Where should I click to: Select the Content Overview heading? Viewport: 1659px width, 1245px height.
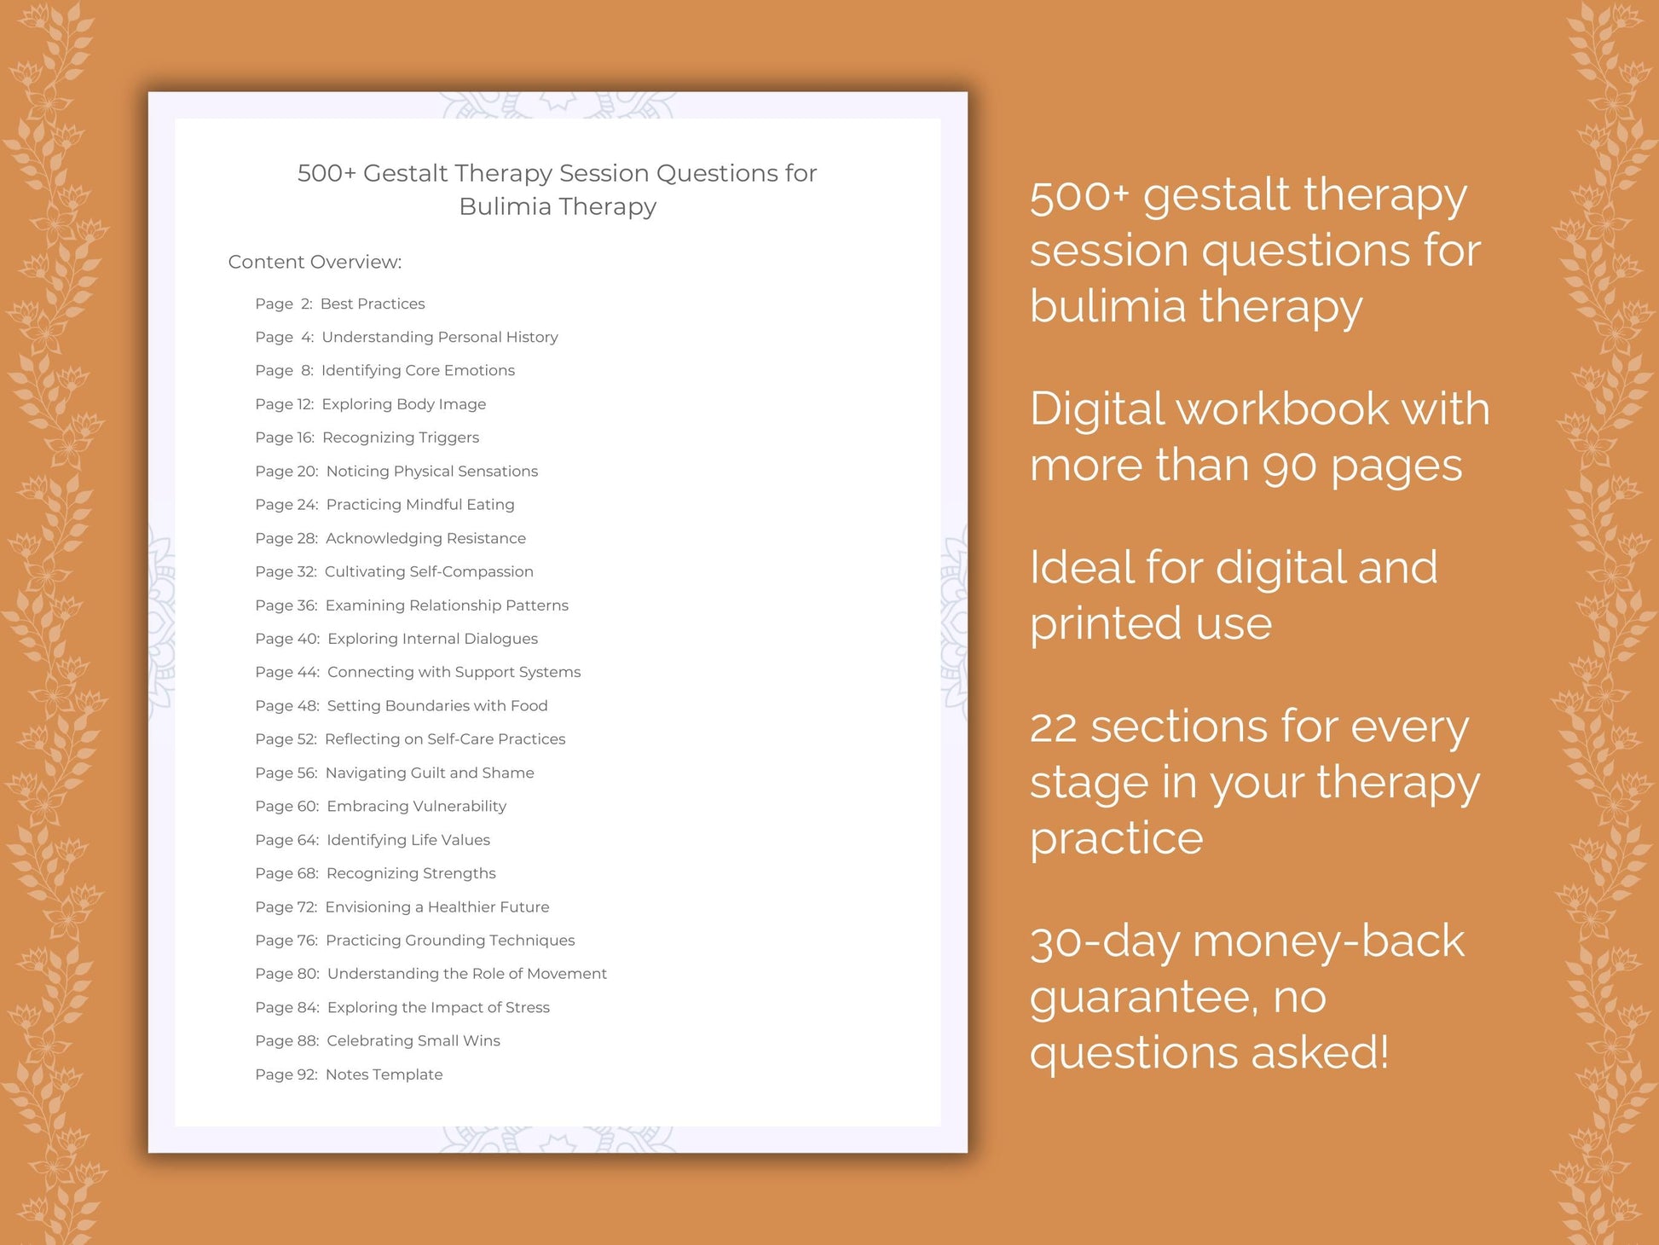point(315,262)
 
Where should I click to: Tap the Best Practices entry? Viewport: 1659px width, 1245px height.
point(372,304)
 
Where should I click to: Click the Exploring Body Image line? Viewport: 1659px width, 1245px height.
point(403,404)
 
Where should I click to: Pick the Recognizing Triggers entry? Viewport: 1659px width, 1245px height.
point(400,437)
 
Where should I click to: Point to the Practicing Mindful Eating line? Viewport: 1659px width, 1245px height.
point(419,505)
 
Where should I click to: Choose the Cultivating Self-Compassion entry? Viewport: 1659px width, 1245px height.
point(429,571)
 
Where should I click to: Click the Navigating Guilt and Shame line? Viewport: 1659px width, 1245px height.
point(430,773)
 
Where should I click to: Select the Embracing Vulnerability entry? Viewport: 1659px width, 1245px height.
point(416,806)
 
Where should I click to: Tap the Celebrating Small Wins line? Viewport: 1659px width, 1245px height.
point(413,1040)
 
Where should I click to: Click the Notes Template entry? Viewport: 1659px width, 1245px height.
point(384,1074)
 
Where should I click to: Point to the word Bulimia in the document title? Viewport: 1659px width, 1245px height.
point(506,206)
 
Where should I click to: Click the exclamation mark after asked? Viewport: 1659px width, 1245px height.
point(1383,1052)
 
